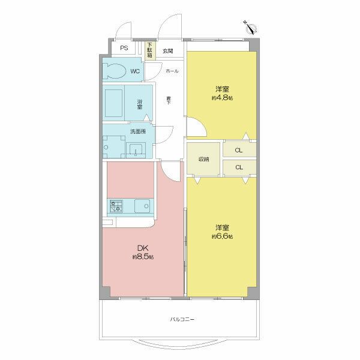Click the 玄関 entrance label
[167, 51]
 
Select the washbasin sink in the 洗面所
[136, 148]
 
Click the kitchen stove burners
[116, 207]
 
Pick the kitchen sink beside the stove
[142, 206]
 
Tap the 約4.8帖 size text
[221, 97]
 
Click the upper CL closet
[239, 150]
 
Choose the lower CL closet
[239, 167]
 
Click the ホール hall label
[171, 71]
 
